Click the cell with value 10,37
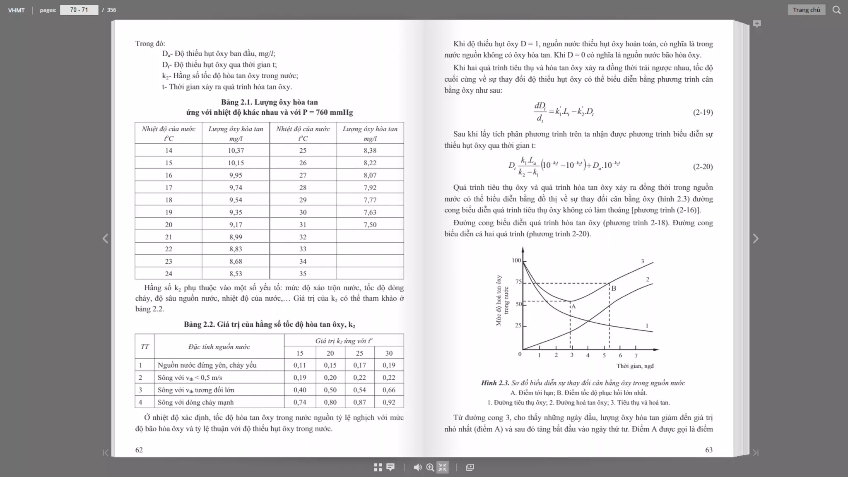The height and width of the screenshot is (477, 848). pos(236,150)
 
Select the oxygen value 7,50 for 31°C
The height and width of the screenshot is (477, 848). pos(370,224)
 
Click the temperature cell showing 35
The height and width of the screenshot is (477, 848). pos(303,274)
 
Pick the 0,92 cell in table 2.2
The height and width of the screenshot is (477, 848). pos(388,402)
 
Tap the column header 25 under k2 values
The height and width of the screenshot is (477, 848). pos(359,353)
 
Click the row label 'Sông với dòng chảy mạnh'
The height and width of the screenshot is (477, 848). pos(195,402)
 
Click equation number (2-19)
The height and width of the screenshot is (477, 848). pos(703,112)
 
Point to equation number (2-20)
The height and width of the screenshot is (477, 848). pos(703,166)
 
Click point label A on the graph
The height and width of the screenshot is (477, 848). pos(573,306)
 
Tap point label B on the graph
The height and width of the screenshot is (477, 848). pos(614,288)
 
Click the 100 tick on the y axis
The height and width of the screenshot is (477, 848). pos(516,260)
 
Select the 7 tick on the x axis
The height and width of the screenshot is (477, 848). pos(636,355)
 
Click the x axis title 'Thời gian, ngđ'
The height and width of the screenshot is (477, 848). pos(635,366)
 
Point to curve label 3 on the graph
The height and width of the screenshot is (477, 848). pos(642,261)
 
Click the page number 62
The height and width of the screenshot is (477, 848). pos(139,450)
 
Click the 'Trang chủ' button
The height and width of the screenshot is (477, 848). pos(806,10)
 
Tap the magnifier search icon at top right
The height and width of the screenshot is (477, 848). pos(836,10)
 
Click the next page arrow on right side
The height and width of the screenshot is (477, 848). pos(755,238)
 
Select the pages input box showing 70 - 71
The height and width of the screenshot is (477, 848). pos(79,10)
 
